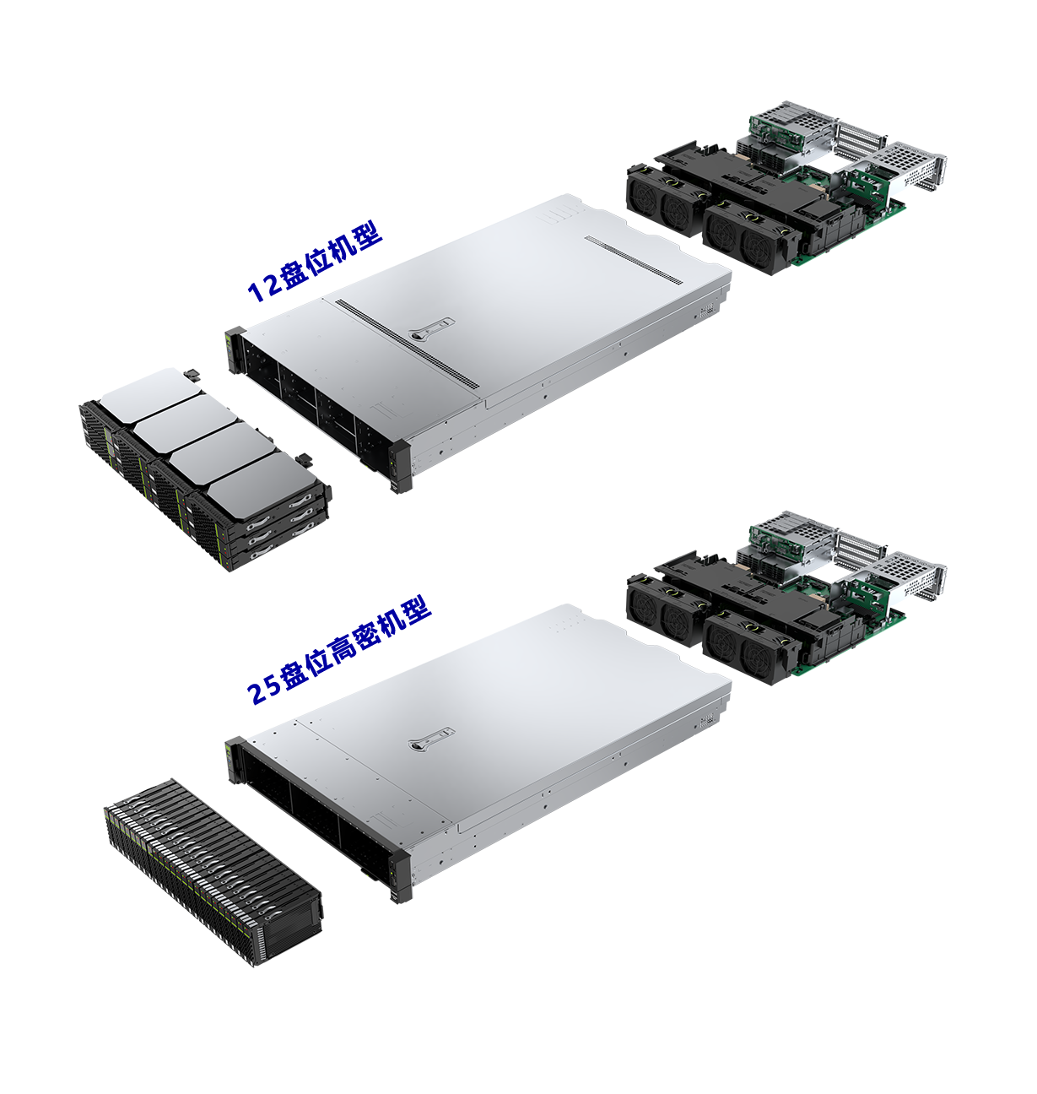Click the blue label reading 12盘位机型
[x=315, y=262]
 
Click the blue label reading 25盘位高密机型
[x=339, y=653]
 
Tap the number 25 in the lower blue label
[x=264, y=691]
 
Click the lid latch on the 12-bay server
[x=430, y=328]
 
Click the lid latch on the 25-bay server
[x=430, y=739]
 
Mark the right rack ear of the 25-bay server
[x=397, y=878]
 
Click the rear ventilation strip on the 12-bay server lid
[x=633, y=259]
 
